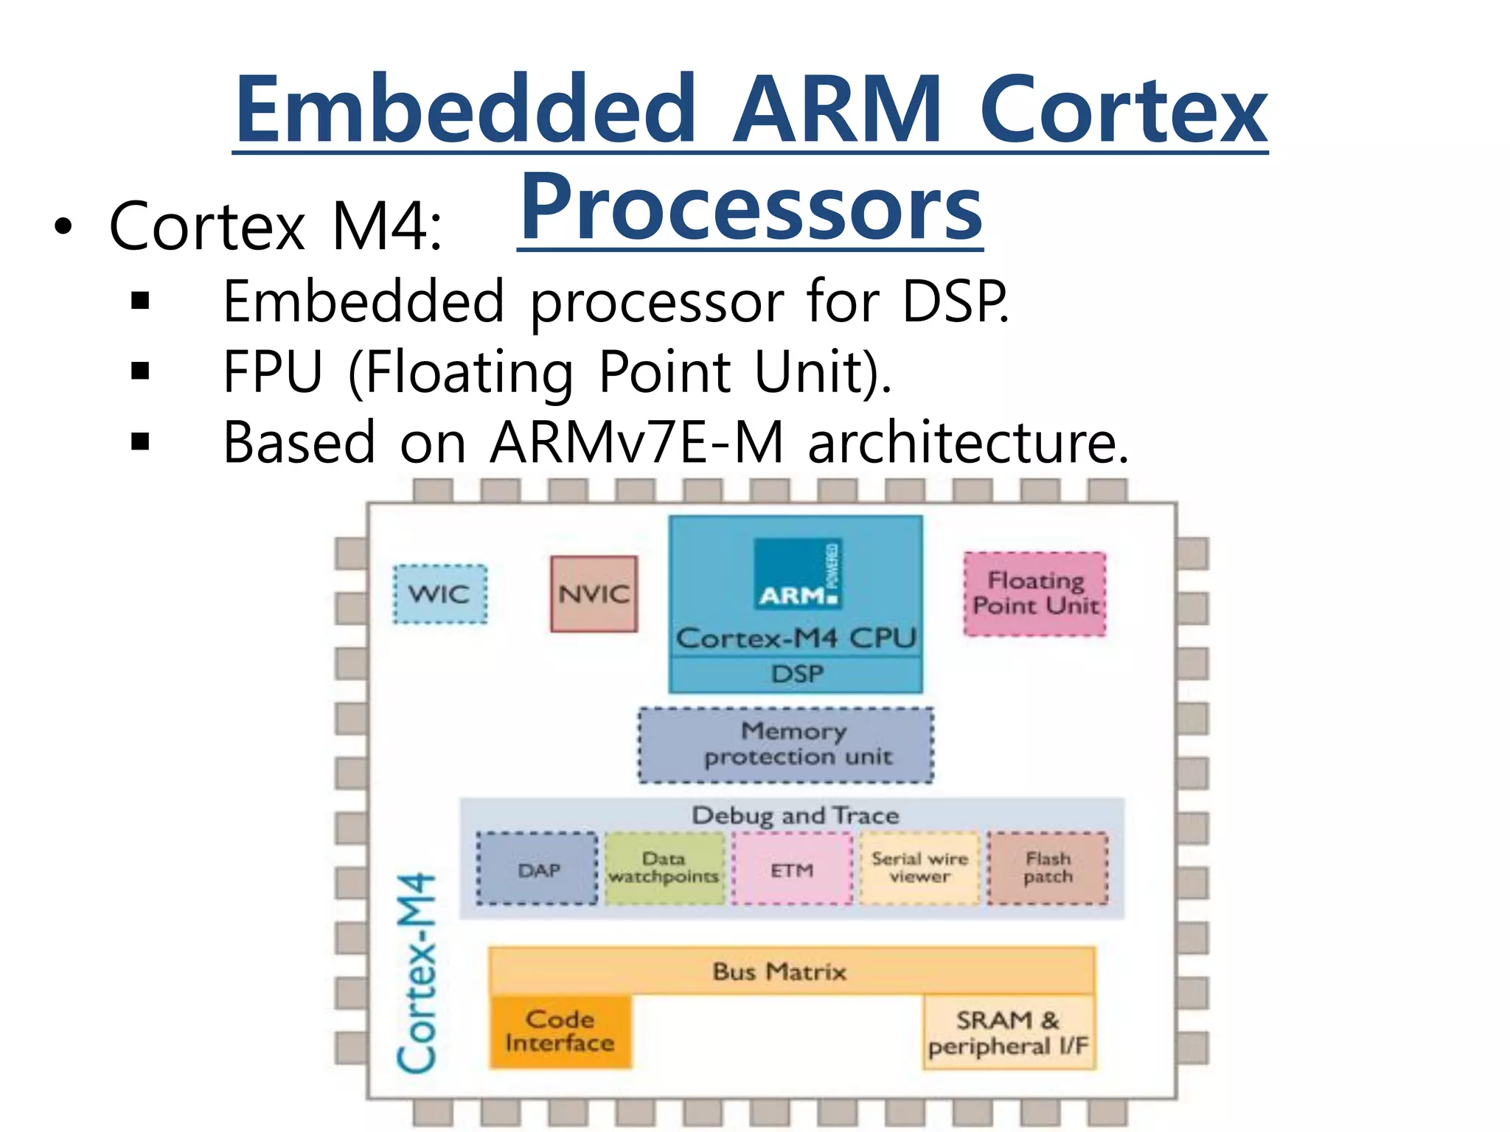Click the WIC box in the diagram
click(x=439, y=594)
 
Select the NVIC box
click(x=594, y=594)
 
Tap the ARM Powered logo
click(x=798, y=575)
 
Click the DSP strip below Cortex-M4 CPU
click(x=796, y=674)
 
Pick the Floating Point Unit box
click(x=1035, y=593)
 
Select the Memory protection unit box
click(x=786, y=744)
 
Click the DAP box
click(x=537, y=870)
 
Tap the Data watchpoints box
click(x=664, y=868)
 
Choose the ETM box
click(x=792, y=870)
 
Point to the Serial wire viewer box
click(x=919, y=868)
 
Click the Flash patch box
click(x=1048, y=868)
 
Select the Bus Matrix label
click(x=780, y=971)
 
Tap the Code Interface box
click(x=560, y=1031)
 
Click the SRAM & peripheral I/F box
click(x=1009, y=1033)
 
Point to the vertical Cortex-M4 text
click(x=417, y=973)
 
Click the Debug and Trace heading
click(x=795, y=815)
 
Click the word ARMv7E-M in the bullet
click(x=637, y=442)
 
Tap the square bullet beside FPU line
click(x=140, y=371)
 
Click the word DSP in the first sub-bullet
click(x=954, y=301)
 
